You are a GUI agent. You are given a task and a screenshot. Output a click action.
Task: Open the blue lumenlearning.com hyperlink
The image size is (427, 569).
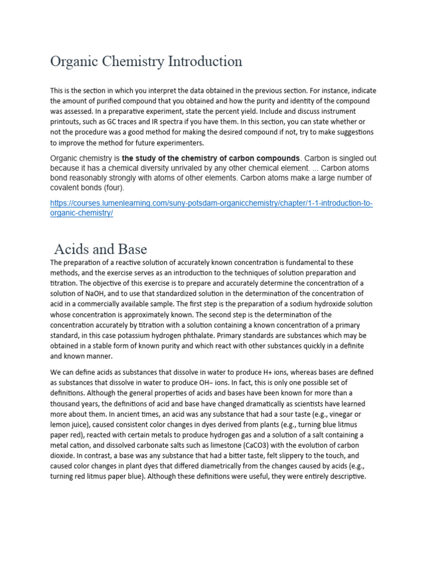(x=211, y=204)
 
